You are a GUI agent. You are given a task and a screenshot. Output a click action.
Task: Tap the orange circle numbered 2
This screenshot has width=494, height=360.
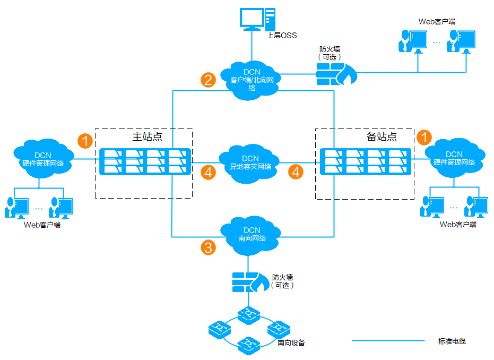(x=208, y=80)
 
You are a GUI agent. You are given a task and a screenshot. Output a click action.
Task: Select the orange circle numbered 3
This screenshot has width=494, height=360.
(x=208, y=247)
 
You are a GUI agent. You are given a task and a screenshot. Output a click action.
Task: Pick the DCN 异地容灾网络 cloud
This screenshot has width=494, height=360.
(x=250, y=162)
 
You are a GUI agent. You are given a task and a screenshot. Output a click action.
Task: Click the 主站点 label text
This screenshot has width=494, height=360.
(x=147, y=136)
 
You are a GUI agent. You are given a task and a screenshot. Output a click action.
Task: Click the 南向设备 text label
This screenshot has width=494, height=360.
(x=291, y=343)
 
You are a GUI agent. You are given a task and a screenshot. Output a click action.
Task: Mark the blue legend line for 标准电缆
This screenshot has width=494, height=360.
(x=388, y=341)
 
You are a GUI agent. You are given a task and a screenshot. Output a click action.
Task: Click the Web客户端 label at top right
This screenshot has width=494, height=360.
(x=437, y=22)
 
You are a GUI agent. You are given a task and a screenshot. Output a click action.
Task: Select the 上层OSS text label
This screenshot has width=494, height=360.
(x=282, y=36)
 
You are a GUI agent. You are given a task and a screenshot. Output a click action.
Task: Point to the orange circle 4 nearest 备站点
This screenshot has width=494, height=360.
(x=296, y=172)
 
